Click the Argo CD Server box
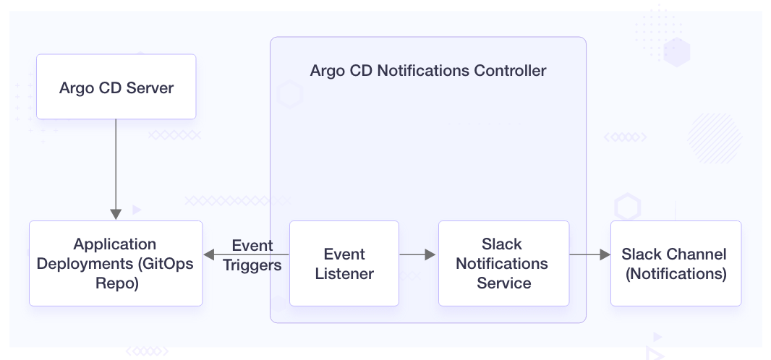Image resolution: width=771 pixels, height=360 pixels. (116, 87)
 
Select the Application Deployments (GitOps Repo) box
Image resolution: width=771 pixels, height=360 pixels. (116, 263)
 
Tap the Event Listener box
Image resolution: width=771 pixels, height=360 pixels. (344, 263)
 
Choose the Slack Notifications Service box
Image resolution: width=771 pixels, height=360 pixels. (503, 263)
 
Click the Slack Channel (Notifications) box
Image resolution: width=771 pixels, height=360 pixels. (676, 263)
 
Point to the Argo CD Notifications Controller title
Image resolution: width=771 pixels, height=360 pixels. (428, 71)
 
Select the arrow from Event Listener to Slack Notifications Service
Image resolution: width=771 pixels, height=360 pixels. (418, 254)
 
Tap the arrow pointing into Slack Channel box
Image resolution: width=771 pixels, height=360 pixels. (589, 254)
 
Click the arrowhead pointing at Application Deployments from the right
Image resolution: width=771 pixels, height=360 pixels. (210, 254)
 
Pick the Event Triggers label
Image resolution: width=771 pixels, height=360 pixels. (252, 255)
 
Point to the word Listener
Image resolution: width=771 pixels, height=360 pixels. (344, 274)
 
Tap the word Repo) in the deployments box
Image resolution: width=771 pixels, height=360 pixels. (116, 283)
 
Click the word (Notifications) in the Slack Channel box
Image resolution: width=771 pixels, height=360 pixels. (676, 274)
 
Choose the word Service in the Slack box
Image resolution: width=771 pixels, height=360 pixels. (503, 283)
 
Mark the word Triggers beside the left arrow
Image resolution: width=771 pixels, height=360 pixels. (252, 265)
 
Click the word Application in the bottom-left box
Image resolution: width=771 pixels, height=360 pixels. (116, 244)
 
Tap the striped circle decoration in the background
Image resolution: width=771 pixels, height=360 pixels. (715, 137)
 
